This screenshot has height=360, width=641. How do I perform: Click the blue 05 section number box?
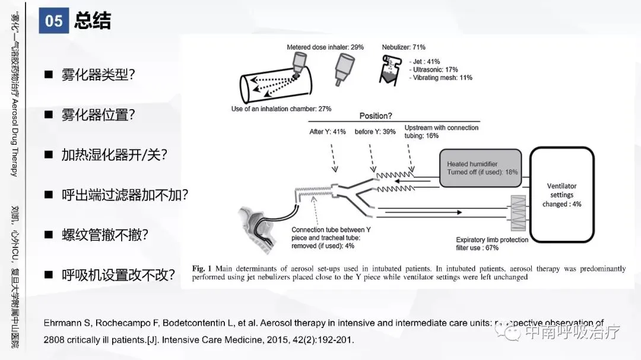tap(54, 21)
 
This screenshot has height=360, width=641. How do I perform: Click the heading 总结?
tap(93, 21)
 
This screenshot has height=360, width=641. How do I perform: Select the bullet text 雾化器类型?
tap(99, 75)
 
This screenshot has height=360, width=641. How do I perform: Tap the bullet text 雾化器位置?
tap(99, 115)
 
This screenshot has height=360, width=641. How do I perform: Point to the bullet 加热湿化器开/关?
tap(115, 155)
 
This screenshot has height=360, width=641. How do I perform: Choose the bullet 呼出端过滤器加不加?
tap(125, 195)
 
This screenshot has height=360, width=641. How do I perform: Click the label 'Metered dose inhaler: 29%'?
tap(325, 47)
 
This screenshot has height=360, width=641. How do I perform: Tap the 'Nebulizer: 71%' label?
tap(404, 47)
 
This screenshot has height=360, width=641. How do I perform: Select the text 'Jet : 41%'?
tap(426, 62)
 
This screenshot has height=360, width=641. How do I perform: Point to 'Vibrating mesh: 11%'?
tap(442, 78)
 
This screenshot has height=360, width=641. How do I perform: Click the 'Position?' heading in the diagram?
tap(376, 116)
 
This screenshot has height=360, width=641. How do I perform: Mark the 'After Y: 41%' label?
tap(327, 132)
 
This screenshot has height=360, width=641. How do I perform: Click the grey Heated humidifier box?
tap(483, 168)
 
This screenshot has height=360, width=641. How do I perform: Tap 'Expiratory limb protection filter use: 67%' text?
tap(492, 244)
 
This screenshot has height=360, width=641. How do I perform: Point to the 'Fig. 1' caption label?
tap(198, 269)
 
